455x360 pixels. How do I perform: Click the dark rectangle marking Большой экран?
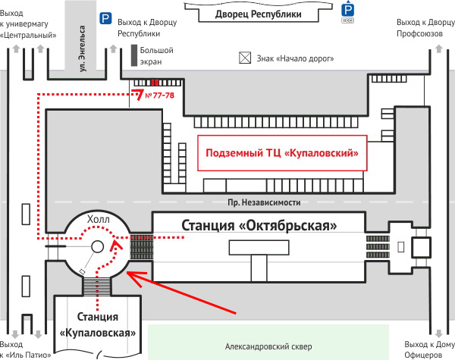(134, 55)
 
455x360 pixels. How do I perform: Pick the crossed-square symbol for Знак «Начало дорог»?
(245, 57)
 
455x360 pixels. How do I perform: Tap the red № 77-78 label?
(159, 96)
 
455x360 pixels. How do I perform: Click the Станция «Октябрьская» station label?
(258, 224)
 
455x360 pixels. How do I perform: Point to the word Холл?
(99, 220)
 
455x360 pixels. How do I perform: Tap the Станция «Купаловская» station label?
(99, 324)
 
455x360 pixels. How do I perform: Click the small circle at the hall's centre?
(98, 246)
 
